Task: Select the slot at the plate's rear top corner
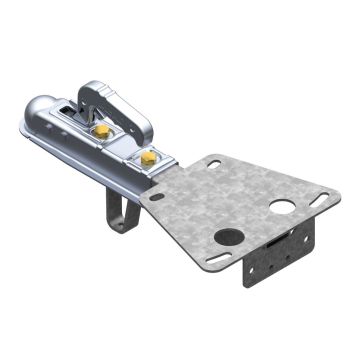point(213,162)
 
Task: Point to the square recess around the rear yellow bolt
point(148,157)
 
